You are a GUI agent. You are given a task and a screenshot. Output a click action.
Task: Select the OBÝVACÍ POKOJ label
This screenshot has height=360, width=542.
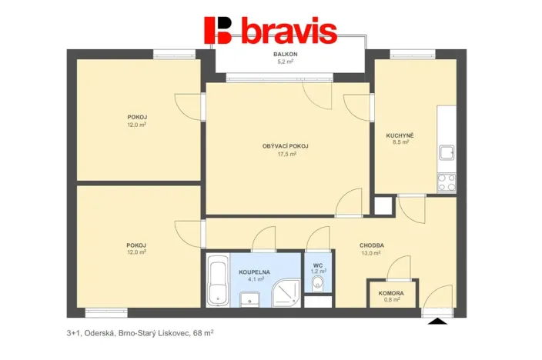coord(286,145)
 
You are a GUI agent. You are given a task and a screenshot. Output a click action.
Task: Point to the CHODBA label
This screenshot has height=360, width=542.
coord(371,245)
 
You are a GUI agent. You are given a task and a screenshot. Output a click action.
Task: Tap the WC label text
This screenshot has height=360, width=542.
coord(317,265)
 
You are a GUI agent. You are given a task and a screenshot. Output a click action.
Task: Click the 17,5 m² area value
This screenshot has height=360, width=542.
coord(286,154)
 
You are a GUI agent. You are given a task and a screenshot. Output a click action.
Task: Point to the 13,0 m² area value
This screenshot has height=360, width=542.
coord(371,253)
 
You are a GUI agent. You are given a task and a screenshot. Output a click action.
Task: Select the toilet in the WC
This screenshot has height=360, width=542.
coord(318,285)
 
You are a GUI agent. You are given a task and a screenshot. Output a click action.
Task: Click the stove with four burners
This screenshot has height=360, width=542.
coord(447,182)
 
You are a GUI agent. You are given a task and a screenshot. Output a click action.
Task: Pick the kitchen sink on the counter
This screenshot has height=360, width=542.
coord(447,152)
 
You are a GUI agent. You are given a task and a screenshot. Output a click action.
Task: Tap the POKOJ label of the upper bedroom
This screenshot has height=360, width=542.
coord(137,117)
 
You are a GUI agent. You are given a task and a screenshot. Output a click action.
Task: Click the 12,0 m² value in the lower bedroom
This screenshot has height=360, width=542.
coord(137,253)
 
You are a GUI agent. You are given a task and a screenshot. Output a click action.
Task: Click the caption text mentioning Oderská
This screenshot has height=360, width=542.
coord(139,334)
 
